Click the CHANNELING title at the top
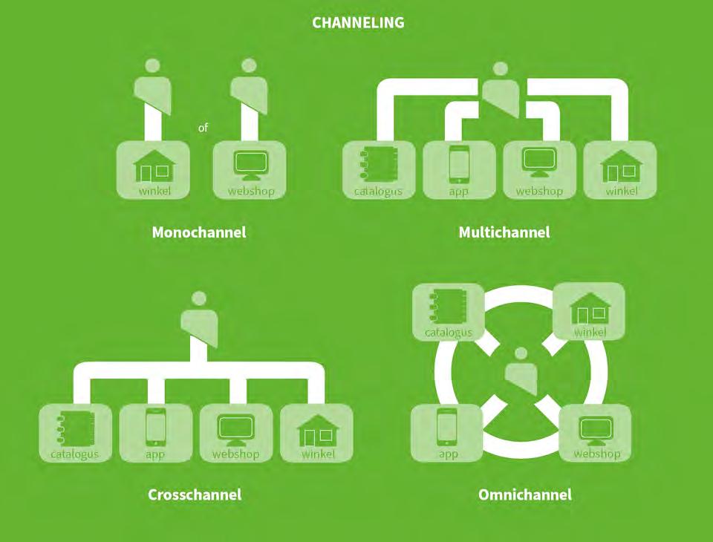pyautogui.click(x=358, y=23)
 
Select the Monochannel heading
pyautogui.click(x=198, y=232)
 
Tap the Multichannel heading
pyautogui.click(x=504, y=232)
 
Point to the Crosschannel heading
pyautogui.click(x=195, y=494)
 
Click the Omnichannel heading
pyautogui.click(x=525, y=494)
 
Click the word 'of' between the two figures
pyautogui.click(x=203, y=128)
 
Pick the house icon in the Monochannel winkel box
pyautogui.click(x=154, y=167)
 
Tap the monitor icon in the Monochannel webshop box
pyautogui.click(x=250, y=165)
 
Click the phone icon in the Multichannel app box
pyautogui.click(x=458, y=165)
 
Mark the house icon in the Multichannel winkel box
pyautogui.click(x=620, y=167)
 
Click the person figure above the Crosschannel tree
pyautogui.click(x=199, y=319)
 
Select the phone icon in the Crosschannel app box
pyautogui.click(x=155, y=428)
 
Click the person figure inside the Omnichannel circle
pyautogui.click(x=521, y=371)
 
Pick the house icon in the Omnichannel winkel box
pyautogui.click(x=590, y=308)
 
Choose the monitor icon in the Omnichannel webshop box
pyautogui.click(x=596, y=430)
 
